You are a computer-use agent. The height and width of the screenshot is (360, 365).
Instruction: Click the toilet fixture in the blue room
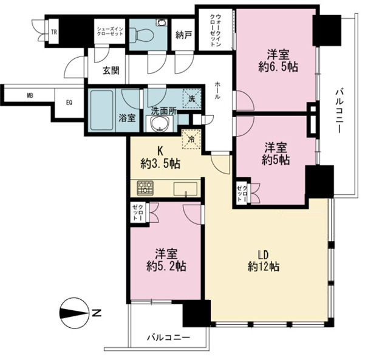point(142,35)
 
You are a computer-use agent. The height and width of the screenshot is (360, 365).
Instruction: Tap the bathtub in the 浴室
point(102,110)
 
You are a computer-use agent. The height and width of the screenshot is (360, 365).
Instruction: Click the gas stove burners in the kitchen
point(145,188)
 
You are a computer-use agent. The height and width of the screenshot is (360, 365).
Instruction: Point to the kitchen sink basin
point(185,189)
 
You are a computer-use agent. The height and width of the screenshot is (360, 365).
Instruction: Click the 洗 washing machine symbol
point(191,99)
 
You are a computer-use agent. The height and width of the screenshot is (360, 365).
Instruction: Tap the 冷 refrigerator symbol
point(191,139)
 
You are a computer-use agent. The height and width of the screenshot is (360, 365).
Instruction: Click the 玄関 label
point(111,70)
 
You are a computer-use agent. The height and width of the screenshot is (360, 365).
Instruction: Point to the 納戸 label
point(183,35)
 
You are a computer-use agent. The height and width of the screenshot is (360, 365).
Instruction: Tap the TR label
point(54,32)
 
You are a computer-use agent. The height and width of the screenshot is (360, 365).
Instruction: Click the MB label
point(30,95)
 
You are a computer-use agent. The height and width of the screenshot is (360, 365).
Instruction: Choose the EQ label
point(69,103)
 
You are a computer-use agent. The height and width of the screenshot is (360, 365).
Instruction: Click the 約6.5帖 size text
point(278,67)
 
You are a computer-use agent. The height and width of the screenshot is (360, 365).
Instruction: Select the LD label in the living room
point(264,254)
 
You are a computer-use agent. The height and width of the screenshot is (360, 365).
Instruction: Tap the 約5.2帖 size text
point(166,267)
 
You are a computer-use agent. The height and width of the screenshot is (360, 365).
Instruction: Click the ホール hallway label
point(217,90)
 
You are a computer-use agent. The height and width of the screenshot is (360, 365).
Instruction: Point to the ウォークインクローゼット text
point(216,30)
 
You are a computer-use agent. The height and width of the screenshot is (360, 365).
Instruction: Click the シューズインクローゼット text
point(110,31)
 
